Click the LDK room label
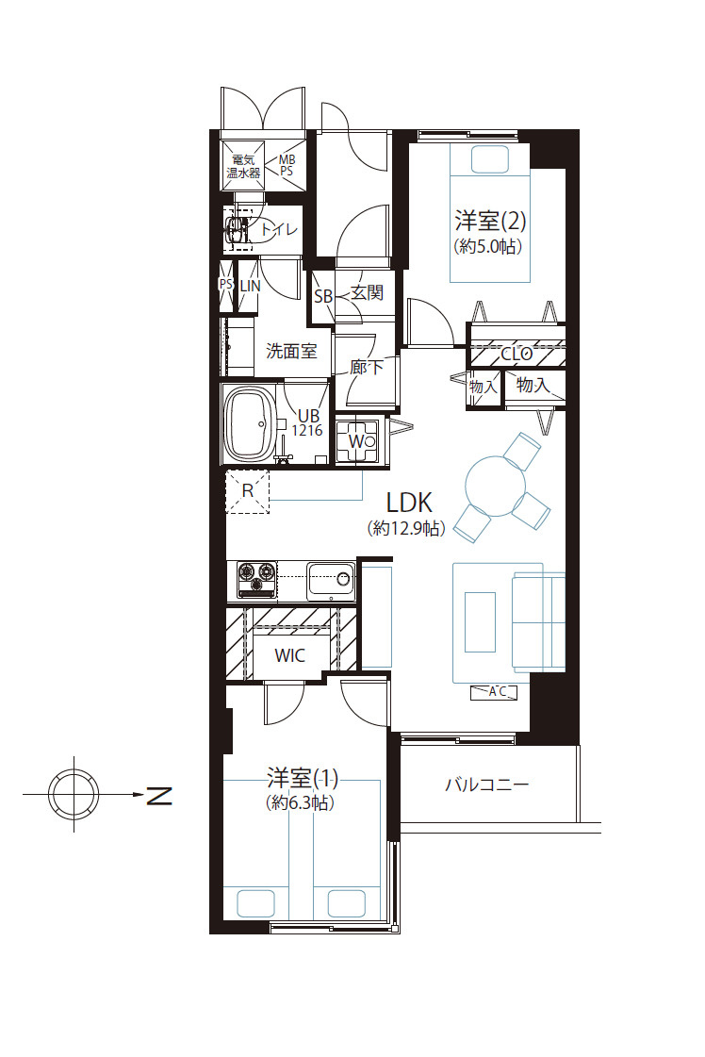coord(408,503)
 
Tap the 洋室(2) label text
coord(490,221)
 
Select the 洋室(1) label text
coord(303,779)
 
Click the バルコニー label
coord(486,784)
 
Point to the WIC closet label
coord(289,655)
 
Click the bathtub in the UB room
coord(250,423)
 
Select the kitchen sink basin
coord(331,581)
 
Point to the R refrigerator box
coord(247,491)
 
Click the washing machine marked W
coord(357,441)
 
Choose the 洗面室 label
coord(291,351)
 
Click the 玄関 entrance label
coord(367,292)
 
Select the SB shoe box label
coord(323,297)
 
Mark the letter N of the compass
coord(159,796)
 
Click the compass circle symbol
coord(74,794)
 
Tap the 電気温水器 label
coord(243,167)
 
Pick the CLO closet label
coord(516,354)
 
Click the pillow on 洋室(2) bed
coord(490,159)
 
